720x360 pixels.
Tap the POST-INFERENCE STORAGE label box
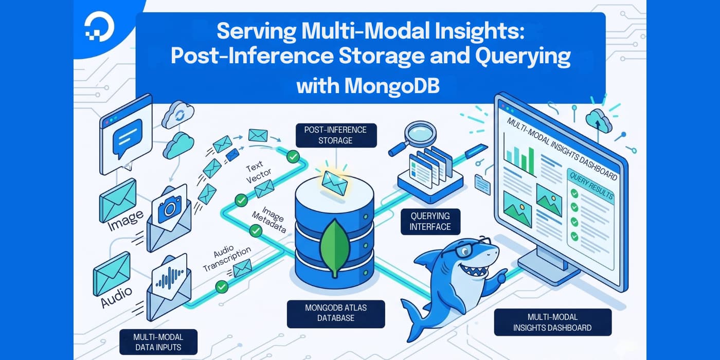(336, 135)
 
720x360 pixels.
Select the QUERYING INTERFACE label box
(430, 221)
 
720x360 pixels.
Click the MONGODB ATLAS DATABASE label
(335, 313)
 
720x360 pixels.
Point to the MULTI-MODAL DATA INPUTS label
(158, 342)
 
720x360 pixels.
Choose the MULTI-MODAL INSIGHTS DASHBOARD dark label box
(552, 322)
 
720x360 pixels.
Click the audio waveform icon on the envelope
(170, 279)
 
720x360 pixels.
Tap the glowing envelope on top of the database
(335, 180)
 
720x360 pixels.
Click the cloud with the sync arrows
(178, 115)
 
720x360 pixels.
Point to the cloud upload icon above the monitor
(598, 122)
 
